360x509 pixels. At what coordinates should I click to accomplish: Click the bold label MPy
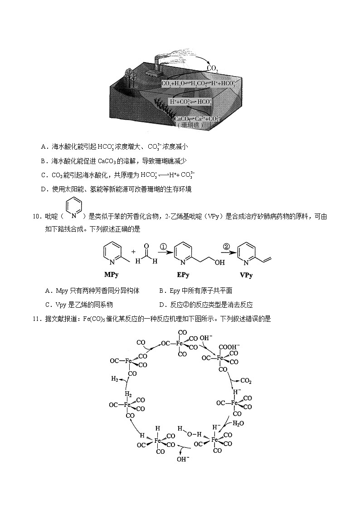pos(112,275)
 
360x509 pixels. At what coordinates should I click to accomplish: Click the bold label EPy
pos(183,275)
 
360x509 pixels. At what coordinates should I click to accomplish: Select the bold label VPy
pos(246,275)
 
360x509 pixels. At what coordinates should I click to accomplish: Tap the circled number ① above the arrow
pos(163,247)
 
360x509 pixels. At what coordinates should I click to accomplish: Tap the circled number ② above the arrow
pos(226,247)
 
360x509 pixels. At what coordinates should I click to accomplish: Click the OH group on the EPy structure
pos(220,262)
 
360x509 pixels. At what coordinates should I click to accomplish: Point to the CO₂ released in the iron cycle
pos(246,380)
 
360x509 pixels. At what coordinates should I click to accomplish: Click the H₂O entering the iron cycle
pos(238,423)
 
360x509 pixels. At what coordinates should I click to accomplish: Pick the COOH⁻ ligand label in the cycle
pos(229,347)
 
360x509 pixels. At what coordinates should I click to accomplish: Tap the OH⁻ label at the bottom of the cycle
pos(183,459)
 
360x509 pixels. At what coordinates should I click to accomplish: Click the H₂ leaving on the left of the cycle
pos(115,379)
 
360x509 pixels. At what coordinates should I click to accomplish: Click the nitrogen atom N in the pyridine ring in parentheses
pos(74,216)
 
